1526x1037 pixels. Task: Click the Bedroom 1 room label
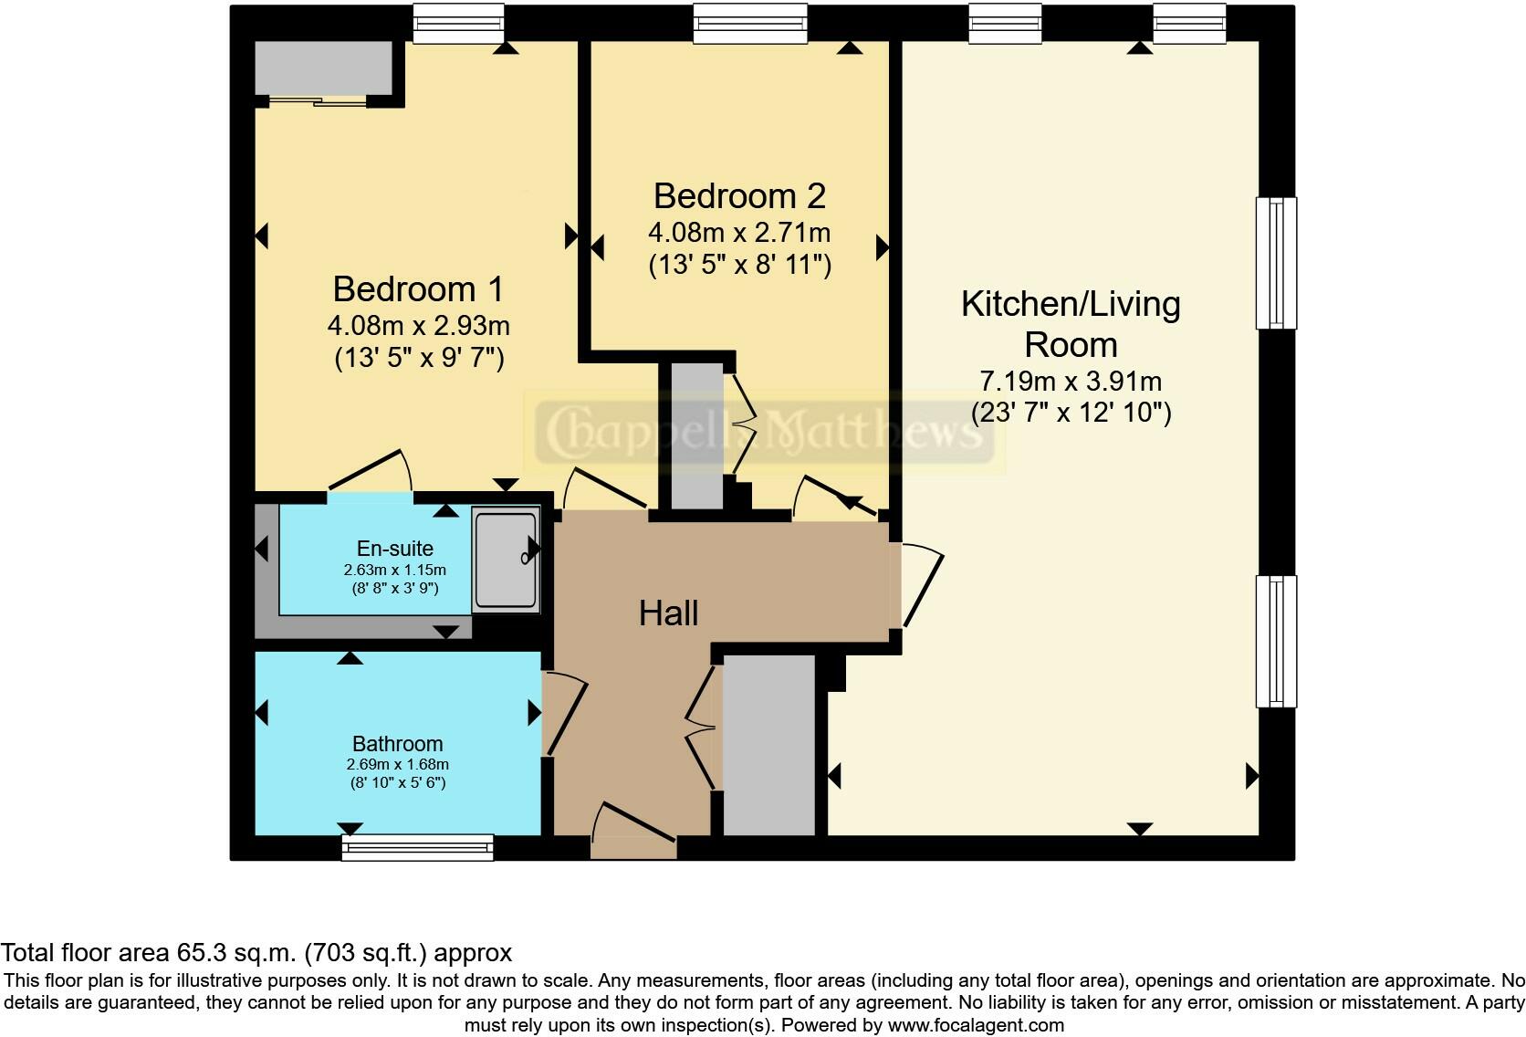coord(418,288)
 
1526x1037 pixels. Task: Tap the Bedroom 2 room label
coord(740,196)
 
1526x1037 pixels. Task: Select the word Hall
coord(668,613)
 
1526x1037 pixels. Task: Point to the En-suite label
coord(395,549)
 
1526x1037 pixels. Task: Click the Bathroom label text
coord(398,743)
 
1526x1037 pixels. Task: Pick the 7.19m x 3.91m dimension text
coord(1071,381)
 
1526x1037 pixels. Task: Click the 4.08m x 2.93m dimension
coord(418,326)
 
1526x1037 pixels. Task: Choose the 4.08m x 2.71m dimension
coord(740,233)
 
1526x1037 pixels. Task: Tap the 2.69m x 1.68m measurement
coord(398,764)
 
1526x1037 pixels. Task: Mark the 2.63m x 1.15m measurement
coord(395,570)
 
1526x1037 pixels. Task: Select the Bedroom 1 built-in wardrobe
coord(324,68)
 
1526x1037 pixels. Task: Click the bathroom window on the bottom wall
coord(418,848)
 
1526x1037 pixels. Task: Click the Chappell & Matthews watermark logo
coord(764,432)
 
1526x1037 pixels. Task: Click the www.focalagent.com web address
coord(976,1025)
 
